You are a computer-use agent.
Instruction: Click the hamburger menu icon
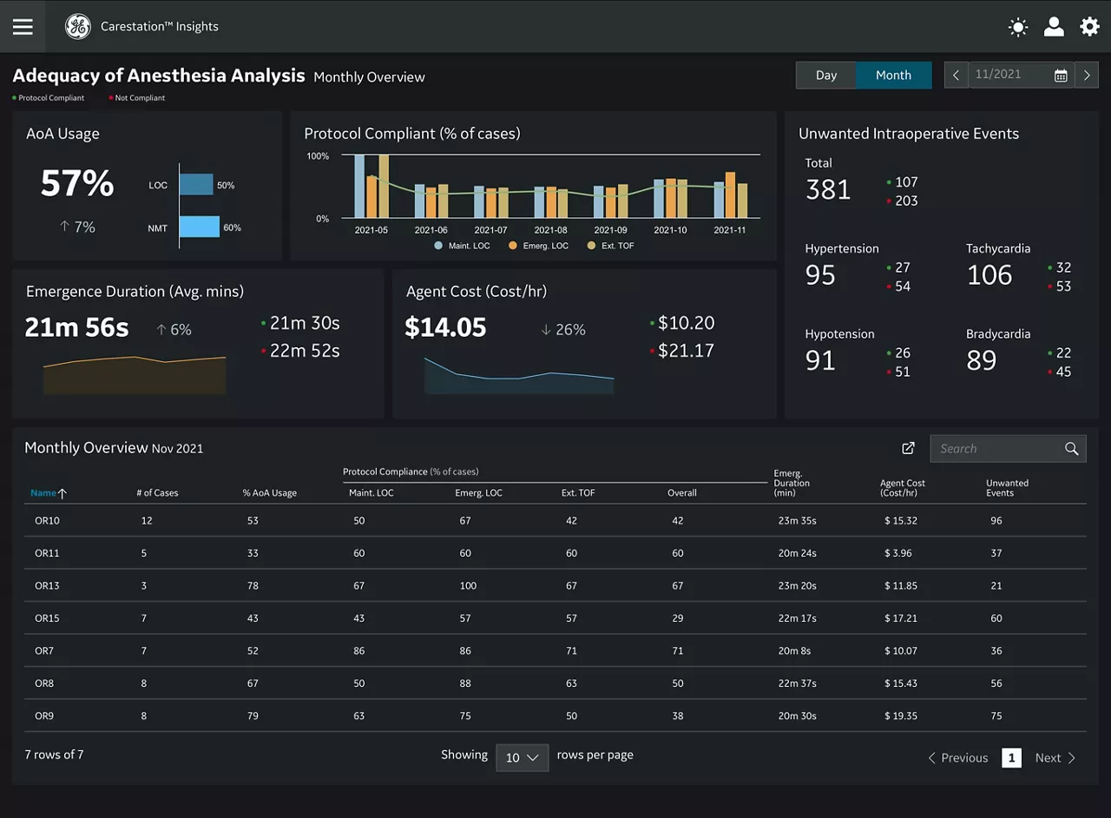click(x=23, y=27)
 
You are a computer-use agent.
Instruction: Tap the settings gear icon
click(x=1089, y=27)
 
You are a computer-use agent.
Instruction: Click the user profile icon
click(x=1054, y=27)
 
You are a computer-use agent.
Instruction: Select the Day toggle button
click(x=825, y=75)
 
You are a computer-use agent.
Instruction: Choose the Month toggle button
click(x=893, y=75)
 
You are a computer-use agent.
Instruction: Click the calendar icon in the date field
click(x=1061, y=76)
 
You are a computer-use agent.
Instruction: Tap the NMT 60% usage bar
click(x=200, y=227)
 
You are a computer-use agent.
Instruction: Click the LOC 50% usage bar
click(x=196, y=185)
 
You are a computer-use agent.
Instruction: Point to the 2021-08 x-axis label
click(x=550, y=230)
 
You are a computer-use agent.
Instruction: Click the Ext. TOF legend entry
click(x=610, y=246)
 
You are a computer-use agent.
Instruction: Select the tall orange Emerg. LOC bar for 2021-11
click(x=730, y=195)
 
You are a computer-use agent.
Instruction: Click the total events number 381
click(x=828, y=189)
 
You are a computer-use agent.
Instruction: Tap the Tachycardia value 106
click(x=989, y=275)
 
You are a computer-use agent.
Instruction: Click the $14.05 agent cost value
click(x=445, y=327)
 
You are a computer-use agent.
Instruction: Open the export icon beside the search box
click(x=908, y=448)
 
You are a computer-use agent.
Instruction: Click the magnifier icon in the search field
click(x=1071, y=449)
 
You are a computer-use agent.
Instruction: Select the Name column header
click(x=43, y=493)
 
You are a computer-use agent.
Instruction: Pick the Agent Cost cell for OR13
click(x=901, y=585)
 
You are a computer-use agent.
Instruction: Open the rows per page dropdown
click(x=523, y=757)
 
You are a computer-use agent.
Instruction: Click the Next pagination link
click(x=1055, y=758)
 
